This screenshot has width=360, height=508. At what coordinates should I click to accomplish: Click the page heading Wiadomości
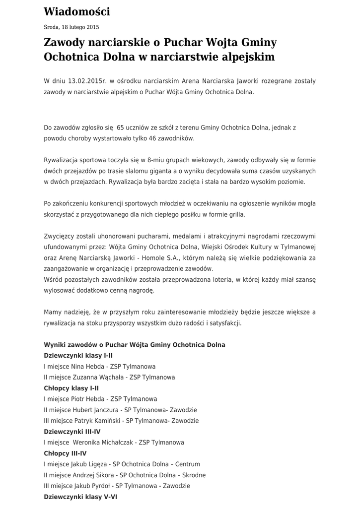point(77,12)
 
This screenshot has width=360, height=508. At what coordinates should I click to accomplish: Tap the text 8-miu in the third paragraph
point(150,160)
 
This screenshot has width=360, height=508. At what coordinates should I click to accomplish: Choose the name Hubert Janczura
point(98,410)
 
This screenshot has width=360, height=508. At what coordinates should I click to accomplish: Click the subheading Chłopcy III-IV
point(65,453)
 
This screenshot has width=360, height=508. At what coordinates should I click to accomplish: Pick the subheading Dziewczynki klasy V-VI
point(80,497)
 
